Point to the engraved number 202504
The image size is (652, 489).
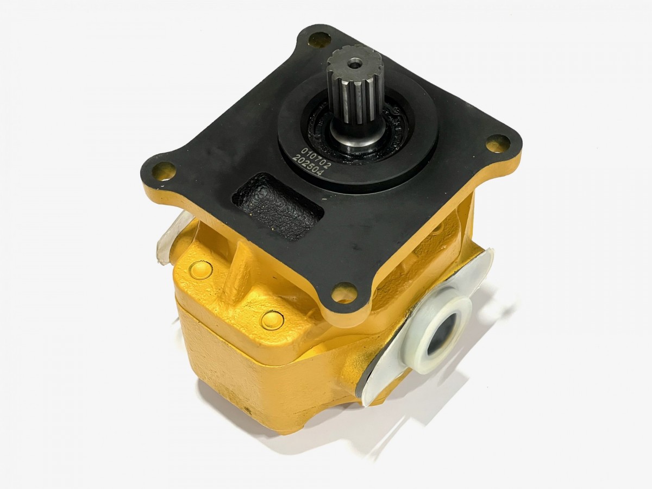(x=307, y=167)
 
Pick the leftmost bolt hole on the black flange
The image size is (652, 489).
(x=163, y=171)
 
